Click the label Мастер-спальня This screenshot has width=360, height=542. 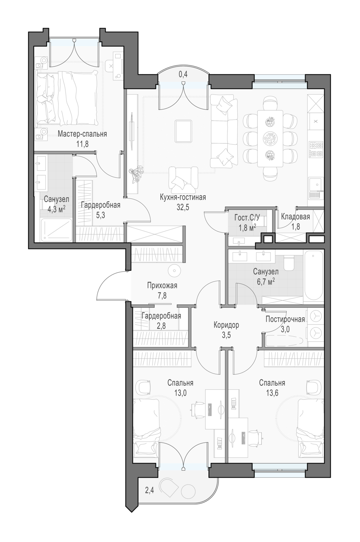tap(82, 134)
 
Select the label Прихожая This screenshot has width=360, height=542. tap(162, 285)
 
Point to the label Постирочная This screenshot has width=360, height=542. tap(285, 319)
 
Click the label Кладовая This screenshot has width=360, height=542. tap(295, 216)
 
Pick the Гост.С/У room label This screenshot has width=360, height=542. tap(247, 218)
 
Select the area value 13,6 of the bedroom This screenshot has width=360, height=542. tap(272, 393)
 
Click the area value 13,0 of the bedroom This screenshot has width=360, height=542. tap(181, 393)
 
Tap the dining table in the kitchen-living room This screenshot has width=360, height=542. tap(270, 138)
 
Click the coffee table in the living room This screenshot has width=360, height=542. tap(183, 131)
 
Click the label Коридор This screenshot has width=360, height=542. tap(226, 325)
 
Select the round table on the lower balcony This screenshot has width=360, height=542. tap(188, 491)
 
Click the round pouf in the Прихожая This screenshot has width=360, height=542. tap(174, 271)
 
